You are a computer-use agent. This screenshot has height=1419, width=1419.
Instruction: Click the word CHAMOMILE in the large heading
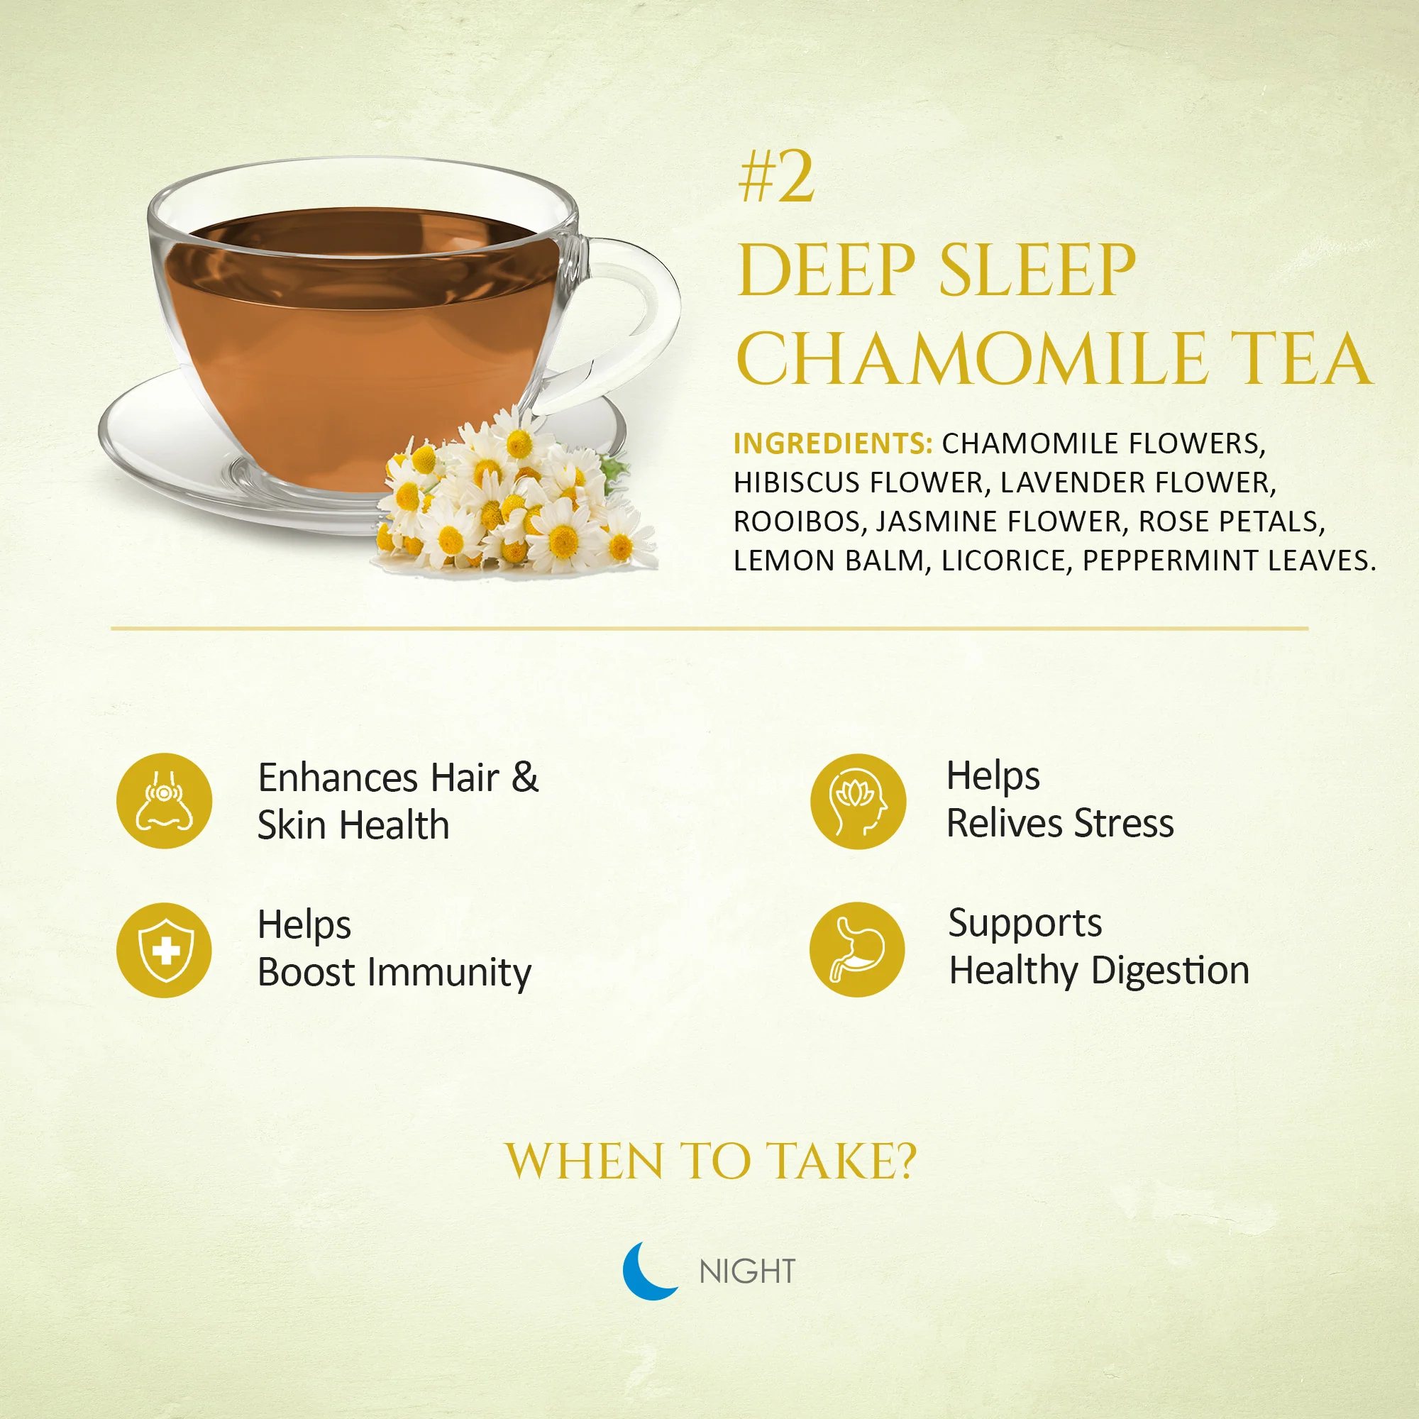click(x=972, y=358)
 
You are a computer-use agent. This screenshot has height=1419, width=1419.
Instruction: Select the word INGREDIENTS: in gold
click(x=833, y=443)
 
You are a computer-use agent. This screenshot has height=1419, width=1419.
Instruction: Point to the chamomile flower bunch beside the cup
click(x=514, y=492)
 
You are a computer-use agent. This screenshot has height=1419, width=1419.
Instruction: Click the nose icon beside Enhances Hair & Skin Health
click(x=165, y=800)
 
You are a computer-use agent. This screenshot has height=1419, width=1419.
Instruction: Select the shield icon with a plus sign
click(x=165, y=951)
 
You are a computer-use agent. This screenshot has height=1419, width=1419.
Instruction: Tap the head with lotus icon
click(x=858, y=801)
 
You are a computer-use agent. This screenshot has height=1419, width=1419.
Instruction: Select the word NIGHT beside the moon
click(x=747, y=1272)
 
